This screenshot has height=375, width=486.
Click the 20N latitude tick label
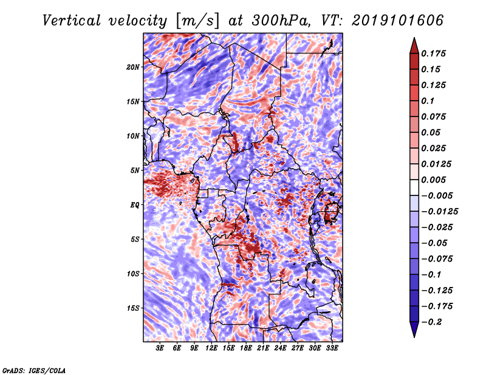pyautogui.click(x=133, y=67)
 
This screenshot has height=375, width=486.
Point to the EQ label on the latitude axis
pyautogui.click(x=135, y=205)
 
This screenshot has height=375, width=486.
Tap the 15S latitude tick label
pyautogui.click(x=133, y=308)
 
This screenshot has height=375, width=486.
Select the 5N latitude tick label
pyautogui.click(x=135, y=171)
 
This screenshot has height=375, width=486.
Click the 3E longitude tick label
pyautogui.click(x=160, y=348)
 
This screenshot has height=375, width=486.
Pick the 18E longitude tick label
pyautogui.click(x=246, y=348)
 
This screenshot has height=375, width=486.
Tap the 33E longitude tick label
pyautogui.click(x=332, y=348)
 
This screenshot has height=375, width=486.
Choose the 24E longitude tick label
pyautogui.click(x=280, y=348)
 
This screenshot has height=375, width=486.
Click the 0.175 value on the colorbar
pyautogui.click(x=433, y=53)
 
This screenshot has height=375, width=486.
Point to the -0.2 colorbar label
pyautogui.click(x=431, y=322)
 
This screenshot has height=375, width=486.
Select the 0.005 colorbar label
pyautogui.click(x=433, y=180)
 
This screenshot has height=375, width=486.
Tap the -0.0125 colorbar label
pyautogui.click(x=439, y=212)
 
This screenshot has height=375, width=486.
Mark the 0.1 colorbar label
pyautogui.click(x=428, y=101)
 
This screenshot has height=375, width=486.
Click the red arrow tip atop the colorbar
pyautogui.click(x=414, y=38)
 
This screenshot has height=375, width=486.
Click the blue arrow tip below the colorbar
pyautogui.click(x=414, y=336)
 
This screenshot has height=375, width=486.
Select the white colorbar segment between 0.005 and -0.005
pyautogui.click(x=414, y=187)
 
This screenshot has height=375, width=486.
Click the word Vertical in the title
pyautogui.click(x=72, y=21)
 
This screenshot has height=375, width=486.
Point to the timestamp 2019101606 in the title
pyautogui.click(x=398, y=21)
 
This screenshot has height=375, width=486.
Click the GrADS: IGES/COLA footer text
pyautogui.click(x=34, y=371)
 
